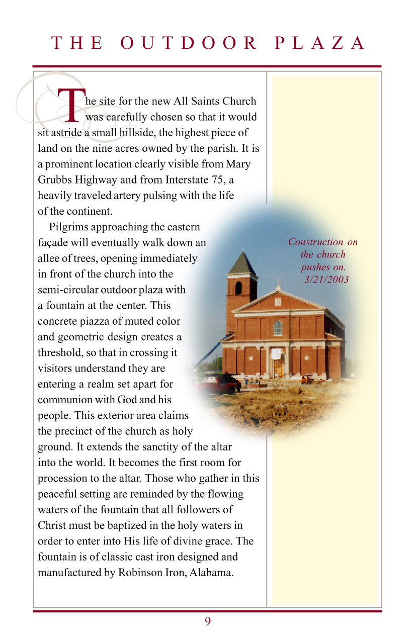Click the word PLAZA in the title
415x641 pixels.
[x=320, y=43]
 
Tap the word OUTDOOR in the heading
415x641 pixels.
[x=189, y=43]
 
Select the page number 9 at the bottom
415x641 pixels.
[x=207, y=621]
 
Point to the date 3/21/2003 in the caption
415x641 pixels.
[x=326, y=280]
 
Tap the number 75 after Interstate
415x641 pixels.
[x=222, y=180]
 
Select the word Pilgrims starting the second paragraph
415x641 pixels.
[x=68, y=227]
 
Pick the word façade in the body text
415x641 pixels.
[x=53, y=242]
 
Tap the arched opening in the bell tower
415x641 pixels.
[x=238, y=288]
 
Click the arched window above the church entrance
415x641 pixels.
[x=278, y=328]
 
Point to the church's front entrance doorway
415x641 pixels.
[x=277, y=365]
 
